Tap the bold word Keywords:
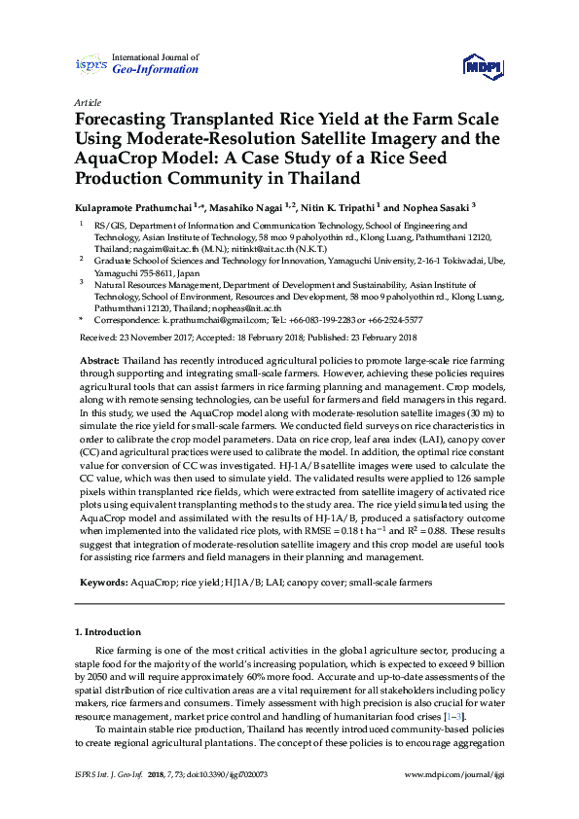(103, 582)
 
